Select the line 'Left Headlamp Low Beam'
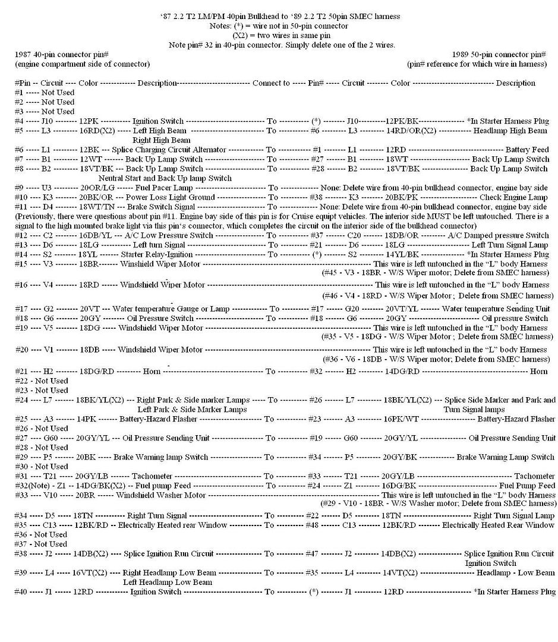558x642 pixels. pyautogui.click(x=168, y=582)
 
